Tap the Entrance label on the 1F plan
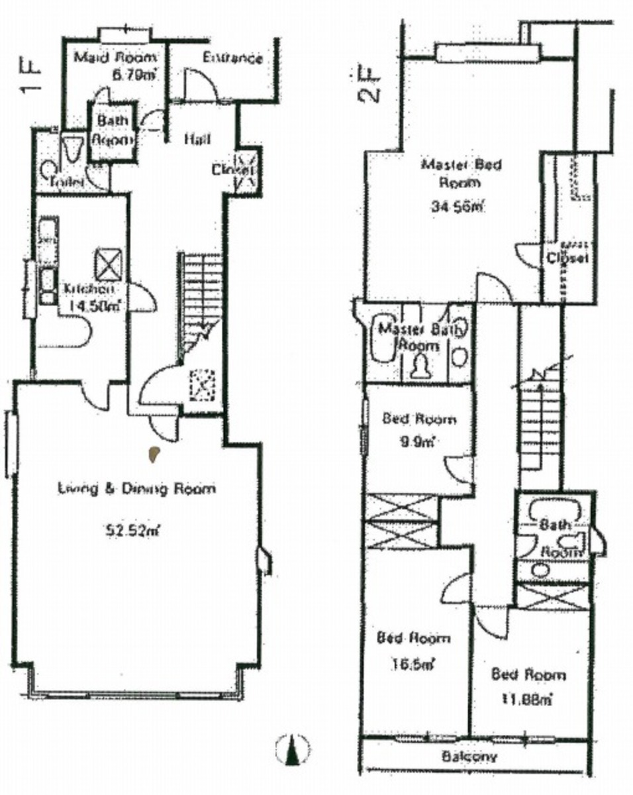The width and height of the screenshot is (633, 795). [232, 58]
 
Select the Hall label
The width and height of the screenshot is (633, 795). [197, 139]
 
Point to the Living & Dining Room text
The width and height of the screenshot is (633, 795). [136, 489]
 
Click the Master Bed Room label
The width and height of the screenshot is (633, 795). [462, 173]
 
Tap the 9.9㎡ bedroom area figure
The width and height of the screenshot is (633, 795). [418, 442]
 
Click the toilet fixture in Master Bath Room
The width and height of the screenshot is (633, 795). [421, 366]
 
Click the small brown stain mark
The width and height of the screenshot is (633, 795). [154, 454]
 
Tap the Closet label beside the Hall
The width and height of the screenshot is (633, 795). [233, 170]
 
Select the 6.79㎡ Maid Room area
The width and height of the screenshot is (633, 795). [134, 75]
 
